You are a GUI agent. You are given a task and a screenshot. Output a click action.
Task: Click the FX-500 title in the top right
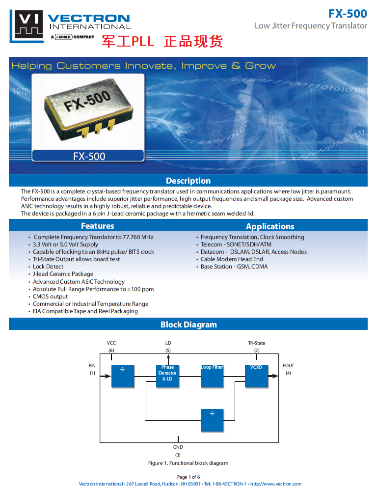tap(348, 14)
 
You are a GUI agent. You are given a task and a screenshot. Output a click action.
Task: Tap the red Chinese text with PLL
tap(162, 41)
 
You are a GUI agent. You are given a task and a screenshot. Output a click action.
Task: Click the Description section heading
tap(188, 181)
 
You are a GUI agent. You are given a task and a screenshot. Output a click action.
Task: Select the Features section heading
tap(97, 226)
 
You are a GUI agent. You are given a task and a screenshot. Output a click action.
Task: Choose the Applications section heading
tap(270, 226)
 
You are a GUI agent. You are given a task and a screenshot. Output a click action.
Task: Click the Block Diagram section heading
tap(188, 325)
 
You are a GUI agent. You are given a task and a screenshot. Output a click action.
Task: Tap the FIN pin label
tap(92, 366)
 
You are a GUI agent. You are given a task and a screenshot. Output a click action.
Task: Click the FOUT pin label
tap(288, 366)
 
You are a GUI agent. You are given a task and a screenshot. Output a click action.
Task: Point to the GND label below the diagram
tap(178, 447)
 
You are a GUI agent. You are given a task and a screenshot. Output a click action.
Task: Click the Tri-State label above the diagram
tap(257, 343)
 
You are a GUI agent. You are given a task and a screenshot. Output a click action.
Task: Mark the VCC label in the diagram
tap(111, 343)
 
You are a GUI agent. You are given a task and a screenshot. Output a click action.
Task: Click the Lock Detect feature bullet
tap(48, 267)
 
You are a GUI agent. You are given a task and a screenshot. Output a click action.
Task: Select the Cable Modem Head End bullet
tap(232, 259)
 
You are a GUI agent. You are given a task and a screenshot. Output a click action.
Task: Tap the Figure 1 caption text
tap(188, 463)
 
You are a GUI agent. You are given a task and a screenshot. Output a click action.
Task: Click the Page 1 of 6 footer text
tap(188, 477)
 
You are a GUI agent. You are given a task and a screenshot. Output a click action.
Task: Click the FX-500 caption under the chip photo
tap(89, 157)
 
